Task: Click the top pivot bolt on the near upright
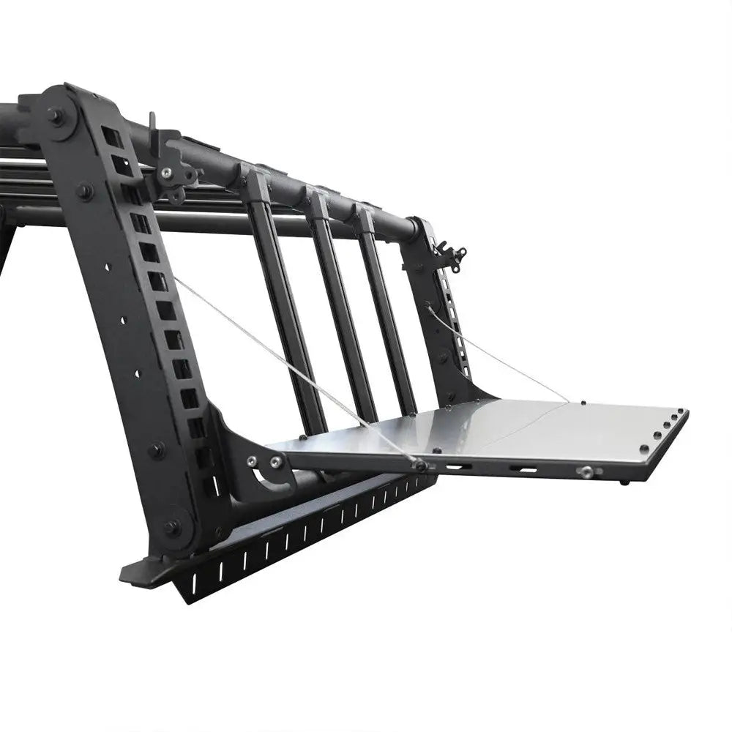click(56, 115)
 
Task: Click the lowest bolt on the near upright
click(173, 526)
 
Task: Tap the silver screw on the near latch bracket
click(168, 173)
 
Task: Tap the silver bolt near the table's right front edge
click(586, 473)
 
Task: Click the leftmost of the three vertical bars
click(285, 307)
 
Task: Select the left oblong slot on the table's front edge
click(455, 466)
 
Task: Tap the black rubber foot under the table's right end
click(623, 482)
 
